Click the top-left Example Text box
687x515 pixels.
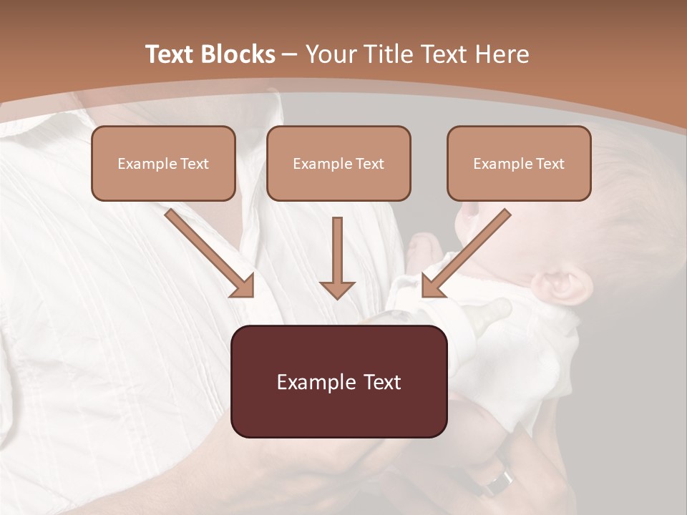coord(163,163)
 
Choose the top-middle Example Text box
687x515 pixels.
coord(338,163)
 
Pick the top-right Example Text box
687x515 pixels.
coord(519,163)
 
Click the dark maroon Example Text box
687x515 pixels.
coord(338,381)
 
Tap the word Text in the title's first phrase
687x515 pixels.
coord(172,54)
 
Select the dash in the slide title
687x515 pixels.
coord(290,54)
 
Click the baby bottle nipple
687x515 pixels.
coord(494,310)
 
